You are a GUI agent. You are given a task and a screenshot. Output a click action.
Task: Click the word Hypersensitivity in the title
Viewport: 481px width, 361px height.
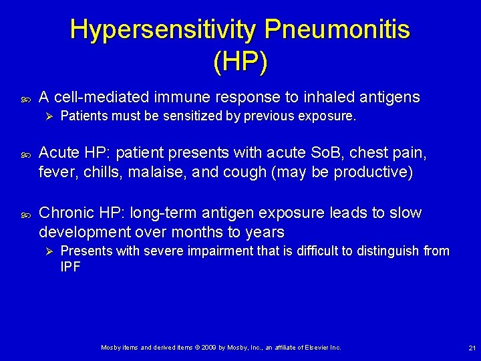163,29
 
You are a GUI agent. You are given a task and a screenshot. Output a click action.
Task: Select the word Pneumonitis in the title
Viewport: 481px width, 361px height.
337,29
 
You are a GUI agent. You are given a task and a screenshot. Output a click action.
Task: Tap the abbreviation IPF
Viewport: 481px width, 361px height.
71,266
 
